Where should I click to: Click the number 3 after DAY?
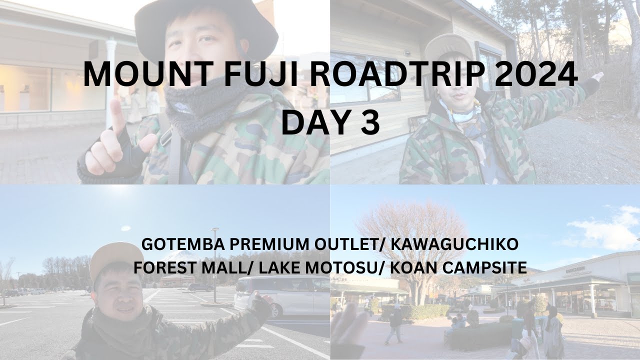(x=370, y=122)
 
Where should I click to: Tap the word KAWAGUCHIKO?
(x=454, y=244)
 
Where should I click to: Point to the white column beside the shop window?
(x=110, y=83)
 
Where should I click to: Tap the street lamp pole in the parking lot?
(x=215, y=265)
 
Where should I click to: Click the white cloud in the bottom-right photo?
(x=608, y=228)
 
